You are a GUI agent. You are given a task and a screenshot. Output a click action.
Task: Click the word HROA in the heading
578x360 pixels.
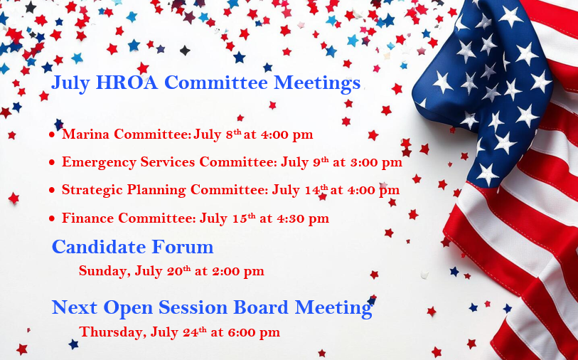pyautogui.click(x=127, y=83)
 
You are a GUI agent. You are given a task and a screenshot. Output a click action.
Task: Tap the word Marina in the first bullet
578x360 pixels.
pyautogui.click(x=85, y=134)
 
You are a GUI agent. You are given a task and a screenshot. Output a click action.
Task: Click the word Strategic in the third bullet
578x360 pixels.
pyautogui.click(x=92, y=190)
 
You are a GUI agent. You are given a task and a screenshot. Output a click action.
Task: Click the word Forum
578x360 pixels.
pyautogui.click(x=183, y=246)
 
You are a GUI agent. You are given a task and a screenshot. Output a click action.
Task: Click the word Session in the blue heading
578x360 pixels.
pyautogui.click(x=193, y=307)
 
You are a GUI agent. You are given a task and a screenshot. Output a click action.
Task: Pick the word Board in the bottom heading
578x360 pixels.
pyautogui.click(x=261, y=307)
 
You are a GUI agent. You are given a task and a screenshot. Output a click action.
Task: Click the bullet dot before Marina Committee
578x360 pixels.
pyautogui.click(x=52, y=134)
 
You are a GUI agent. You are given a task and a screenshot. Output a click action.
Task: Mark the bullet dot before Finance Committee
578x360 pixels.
pyautogui.click(x=52, y=218)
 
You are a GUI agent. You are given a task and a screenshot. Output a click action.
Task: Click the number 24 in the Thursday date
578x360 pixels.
pyautogui.click(x=191, y=332)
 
